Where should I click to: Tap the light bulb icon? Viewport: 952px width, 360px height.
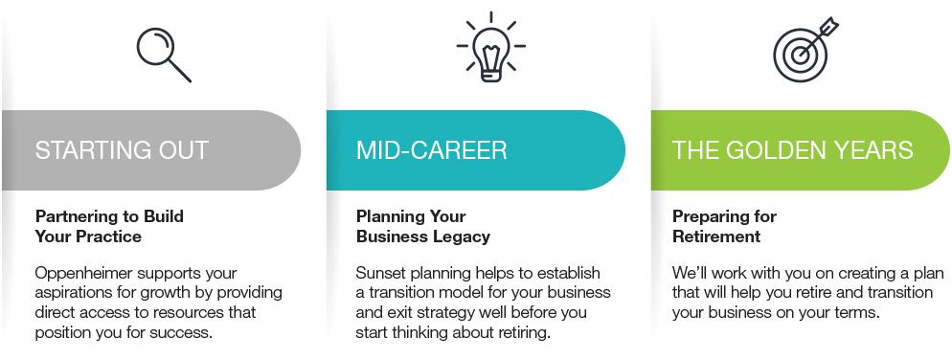coord(490,47)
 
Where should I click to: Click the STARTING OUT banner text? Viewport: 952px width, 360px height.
coord(122,150)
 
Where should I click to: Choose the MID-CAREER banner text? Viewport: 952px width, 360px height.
coord(431,150)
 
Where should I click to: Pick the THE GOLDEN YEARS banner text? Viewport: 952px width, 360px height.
coord(792,150)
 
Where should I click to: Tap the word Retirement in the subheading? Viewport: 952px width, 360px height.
coord(715,236)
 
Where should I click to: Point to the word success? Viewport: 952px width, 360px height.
coord(185,332)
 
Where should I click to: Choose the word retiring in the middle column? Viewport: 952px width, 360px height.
coord(524,332)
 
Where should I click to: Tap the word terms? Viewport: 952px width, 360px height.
coord(860,313)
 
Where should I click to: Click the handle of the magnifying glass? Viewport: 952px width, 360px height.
coord(180,71)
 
